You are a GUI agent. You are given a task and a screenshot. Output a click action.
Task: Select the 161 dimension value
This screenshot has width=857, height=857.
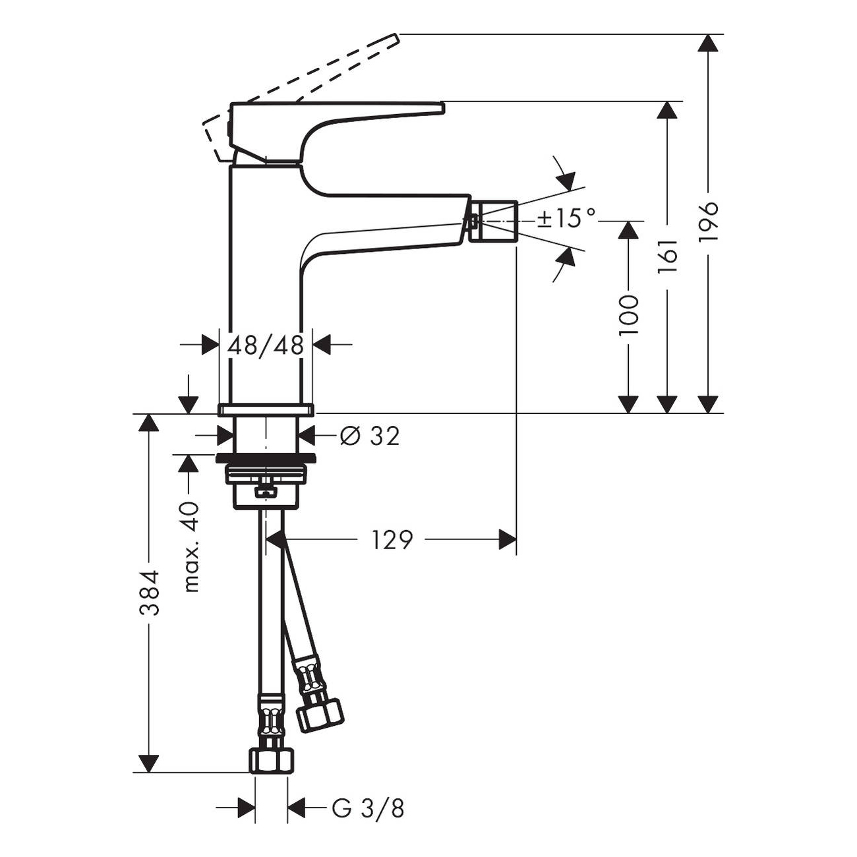click(x=668, y=257)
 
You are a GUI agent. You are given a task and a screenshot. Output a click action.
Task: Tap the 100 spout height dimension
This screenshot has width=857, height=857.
click(x=629, y=315)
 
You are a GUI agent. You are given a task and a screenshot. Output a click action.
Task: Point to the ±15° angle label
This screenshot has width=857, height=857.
click(x=566, y=218)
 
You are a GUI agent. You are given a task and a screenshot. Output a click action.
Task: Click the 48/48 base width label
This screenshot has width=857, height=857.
click(x=266, y=345)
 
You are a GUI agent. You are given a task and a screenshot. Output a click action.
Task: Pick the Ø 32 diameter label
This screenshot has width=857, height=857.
click(x=370, y=436)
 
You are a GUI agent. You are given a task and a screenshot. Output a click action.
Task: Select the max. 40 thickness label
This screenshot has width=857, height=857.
click(x=190, y=547)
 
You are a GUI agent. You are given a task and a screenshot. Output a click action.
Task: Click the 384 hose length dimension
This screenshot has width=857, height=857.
click(x=150, y=593)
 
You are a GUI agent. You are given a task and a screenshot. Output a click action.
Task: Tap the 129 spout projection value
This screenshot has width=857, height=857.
click(x=392, y=540)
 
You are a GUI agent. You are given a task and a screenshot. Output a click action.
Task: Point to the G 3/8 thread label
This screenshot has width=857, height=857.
click(x=368, y=808)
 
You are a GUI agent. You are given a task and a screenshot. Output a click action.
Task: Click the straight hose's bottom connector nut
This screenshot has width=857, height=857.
click(x=271, y=759)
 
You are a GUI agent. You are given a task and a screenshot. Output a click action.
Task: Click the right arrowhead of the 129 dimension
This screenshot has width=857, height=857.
click(x=508, y=540)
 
